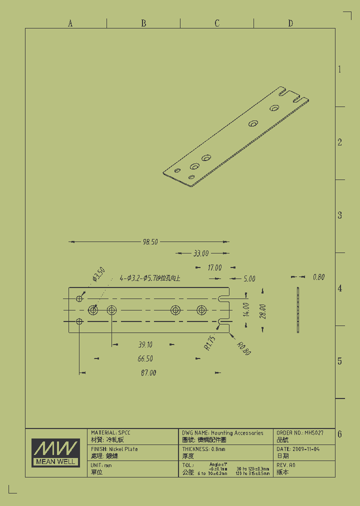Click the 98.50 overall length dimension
pos(150,242)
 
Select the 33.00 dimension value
pos(201,253)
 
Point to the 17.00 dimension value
pos(214,268)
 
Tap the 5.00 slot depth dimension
pos(249,279)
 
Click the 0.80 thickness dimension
pos(318,277)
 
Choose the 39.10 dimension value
pos(145,344)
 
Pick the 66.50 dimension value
pos(145,358)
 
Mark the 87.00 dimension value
pos(148,372)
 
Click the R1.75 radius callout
pos(210,343)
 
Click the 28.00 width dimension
pos(262,311)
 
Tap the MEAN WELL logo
pos(55,452)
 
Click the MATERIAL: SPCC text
pos(110,432)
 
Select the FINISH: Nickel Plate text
pos(114,449)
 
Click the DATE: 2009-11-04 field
pos(298,449)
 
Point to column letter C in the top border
pos(217,23)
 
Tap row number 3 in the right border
pos(339,215)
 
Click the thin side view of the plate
pos(298,310)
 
